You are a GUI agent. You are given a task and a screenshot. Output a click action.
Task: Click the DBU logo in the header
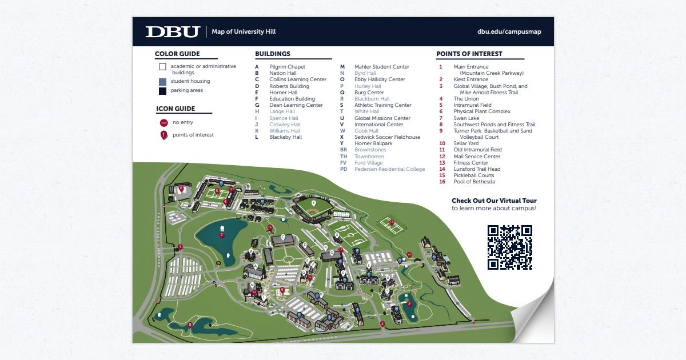172,32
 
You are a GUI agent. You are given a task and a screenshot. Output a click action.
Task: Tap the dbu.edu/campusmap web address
509,32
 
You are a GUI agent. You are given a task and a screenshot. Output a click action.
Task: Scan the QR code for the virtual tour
510,247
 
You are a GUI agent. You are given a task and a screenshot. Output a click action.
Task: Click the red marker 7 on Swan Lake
221,235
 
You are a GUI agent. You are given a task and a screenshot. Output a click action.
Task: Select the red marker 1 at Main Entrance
180,247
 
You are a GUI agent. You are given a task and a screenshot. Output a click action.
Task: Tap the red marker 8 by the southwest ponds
190,325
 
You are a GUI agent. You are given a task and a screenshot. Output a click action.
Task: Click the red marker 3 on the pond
409,303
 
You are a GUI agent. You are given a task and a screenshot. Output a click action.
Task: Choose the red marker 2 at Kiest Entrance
382,324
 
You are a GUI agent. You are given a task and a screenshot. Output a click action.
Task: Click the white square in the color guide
162,67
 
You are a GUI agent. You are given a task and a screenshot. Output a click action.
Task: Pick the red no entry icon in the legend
163,122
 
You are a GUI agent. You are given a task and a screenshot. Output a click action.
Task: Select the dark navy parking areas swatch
162,91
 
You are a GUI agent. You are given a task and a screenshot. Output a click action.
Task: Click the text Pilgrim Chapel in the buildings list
287,67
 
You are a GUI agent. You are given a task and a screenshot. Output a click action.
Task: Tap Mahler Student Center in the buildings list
381,67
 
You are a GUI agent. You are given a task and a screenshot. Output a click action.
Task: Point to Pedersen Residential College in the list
389,169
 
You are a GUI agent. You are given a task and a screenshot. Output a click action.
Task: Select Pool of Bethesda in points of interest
474,182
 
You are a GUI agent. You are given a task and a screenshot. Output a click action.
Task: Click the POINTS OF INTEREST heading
469,54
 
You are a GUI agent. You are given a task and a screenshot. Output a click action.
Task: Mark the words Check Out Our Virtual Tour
494,201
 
